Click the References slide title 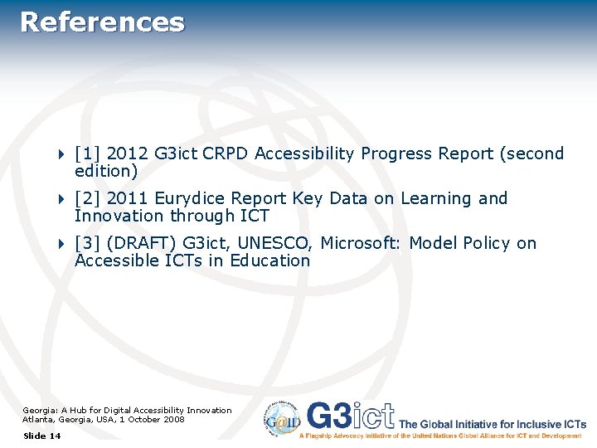click(x=102, y=22)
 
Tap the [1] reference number click(x=88, y=153)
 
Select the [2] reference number click(x=88, y=198)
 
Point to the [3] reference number click(x=88, y=243)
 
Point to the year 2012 click(x=128, y=153)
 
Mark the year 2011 click(x=128, y=198)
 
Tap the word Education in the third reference click(x=270, y=261)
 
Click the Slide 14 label click(x=42, y=436)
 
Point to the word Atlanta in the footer click(x=37, y=419)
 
